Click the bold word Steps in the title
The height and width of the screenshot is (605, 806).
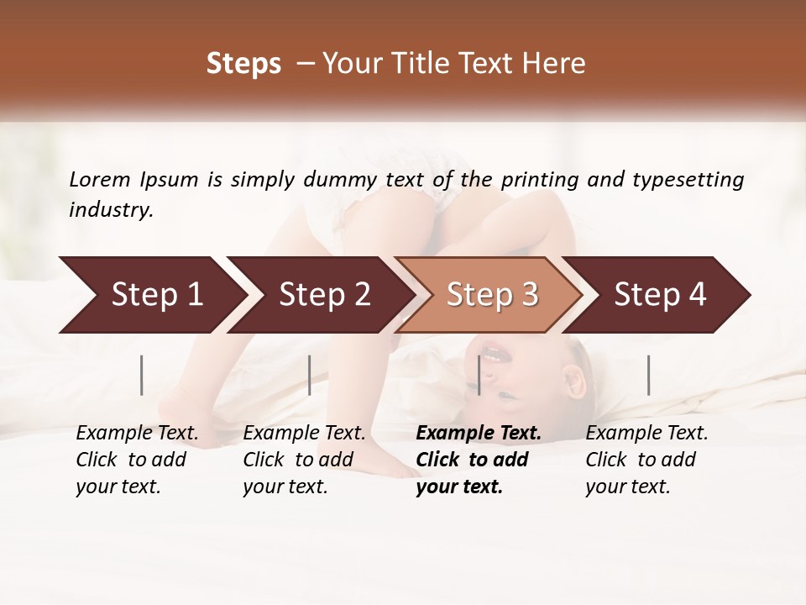(x=243, y=64)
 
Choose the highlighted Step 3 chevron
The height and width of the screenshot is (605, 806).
(x=492, y=295)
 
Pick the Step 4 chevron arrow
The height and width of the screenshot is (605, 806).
(x=660, y=295)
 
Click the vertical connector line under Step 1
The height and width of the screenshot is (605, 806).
(x=142, y=375)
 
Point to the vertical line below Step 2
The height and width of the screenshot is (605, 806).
(x=310, y=375)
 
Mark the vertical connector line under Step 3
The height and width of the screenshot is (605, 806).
(x=479, y=375)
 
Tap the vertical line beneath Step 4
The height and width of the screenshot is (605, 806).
(x=649, y=375)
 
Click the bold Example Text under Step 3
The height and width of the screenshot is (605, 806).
(x=479, y=460)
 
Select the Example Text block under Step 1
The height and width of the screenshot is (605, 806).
(x=137, y=460)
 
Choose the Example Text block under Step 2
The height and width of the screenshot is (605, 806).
(x=304, y=460)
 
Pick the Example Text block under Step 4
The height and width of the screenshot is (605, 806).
(x=646, y=460)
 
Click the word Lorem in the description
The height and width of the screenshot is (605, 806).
(x=100, y=180)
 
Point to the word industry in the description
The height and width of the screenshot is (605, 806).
(x=111, y=210)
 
